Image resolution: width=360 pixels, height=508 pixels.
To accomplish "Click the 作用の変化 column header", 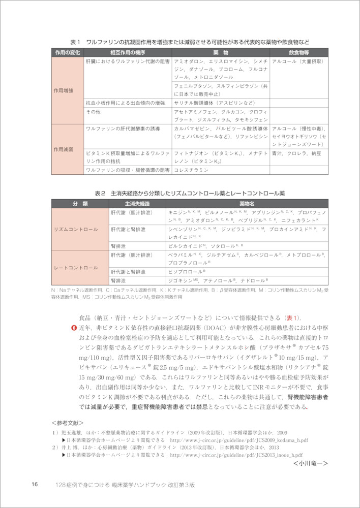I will click(x=68, y=52).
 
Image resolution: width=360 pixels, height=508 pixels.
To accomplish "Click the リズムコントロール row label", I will click(x=76, y=230).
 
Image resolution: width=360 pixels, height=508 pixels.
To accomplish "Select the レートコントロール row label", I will click(x=76, y=267).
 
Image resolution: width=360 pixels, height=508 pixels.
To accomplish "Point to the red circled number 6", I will click(x=74, y=328).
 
